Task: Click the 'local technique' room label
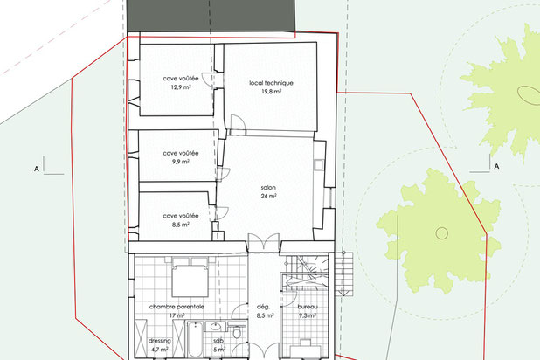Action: pyautogui.click(x=271, y=83)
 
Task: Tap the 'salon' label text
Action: pyautogui.click(x=268, y=188)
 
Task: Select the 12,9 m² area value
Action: pyautogui.click(x=181, y=87)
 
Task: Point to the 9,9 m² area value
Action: pyautogui.click(x=181, y=162)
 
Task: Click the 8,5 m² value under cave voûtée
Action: pyautogui.click(x=181, y=225)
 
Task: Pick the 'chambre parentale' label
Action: pyautogui.click(x=177, y=307)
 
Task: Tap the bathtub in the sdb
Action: pyautogui.click(x=195, y=339)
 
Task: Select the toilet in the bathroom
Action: pyautogui.click(x=237, y=332)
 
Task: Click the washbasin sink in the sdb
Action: pyautogui.click(x=216, y=326)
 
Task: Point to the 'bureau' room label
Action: pyautogui.click(x=308, y=307)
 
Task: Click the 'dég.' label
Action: pyautogui.click(x=264, y=307)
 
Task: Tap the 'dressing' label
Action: pyautogui.click(x=159, y=341)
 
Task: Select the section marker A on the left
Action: pyautogui.click(x=37, y=170)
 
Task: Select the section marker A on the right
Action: pyautogui.click(x=496, y=166)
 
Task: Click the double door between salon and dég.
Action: pyautogui.click(x=264, y=242)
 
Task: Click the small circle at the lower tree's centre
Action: pyautogui.click(x=442, y=233)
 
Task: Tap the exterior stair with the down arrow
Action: pyautogui.click(x=344, y=273)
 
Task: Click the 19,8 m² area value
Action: pyautogui.click(x=271, y=92)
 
